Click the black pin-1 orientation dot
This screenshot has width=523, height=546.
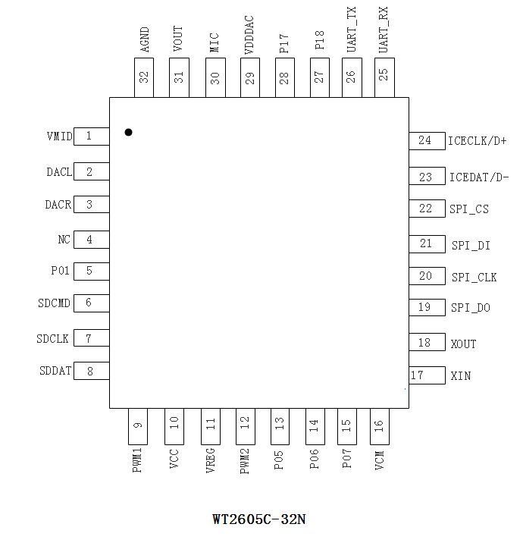(129, 132)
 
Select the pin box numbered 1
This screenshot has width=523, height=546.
(91, 136)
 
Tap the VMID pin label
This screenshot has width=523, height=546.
(59, 136)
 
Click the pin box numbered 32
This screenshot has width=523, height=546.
(144, 78)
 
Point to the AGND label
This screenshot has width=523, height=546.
(145, 39)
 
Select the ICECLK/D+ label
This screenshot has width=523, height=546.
(477, 141)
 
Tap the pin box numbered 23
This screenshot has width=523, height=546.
(427, 177)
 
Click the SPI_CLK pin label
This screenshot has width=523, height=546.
(474, 278)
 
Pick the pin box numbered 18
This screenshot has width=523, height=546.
(426, 343)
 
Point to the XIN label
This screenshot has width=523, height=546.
(461, 375)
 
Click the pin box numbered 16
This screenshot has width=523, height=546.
(379, 428)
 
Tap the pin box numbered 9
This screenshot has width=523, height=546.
(137, 428)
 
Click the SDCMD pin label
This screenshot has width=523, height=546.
(55, 303)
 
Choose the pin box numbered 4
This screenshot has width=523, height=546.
(91, 240)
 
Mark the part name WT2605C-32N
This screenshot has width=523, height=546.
(259, 519)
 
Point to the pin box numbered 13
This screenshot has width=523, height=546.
(280, 428)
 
